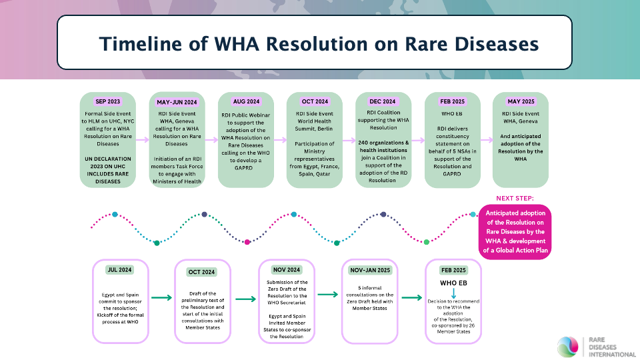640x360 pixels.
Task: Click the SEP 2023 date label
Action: (108, 101)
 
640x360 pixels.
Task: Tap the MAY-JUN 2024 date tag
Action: (177, 102)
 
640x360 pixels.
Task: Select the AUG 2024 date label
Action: (246, 101)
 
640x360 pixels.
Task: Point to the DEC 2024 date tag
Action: (383, 101)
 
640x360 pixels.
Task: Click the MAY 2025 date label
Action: (521, 101)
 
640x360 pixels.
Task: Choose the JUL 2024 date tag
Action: (119, 270)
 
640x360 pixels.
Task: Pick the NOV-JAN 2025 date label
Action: (370, 270)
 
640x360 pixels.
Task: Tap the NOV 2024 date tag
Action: (287, 270)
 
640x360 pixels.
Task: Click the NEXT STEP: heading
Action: (515, 199)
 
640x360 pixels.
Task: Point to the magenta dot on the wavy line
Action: (247, 242)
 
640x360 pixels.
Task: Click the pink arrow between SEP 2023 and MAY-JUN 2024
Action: (142, 140)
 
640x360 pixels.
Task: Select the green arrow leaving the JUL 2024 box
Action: (161, 297)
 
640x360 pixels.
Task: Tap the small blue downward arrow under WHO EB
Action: (453, 293)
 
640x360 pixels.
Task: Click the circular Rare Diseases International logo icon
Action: (568, 347)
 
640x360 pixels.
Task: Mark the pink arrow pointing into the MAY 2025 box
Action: (487, 140)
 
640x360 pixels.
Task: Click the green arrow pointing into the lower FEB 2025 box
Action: (412, 297)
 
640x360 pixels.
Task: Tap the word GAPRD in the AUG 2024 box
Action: (243, 168)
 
